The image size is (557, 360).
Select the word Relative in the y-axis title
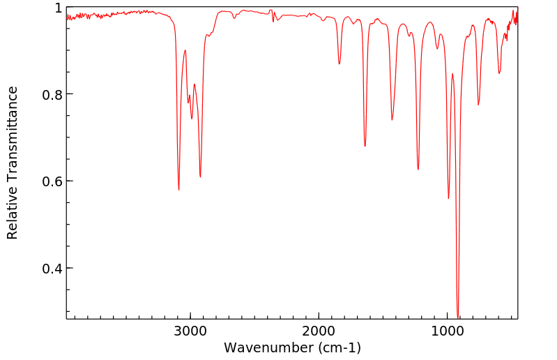click(x=13, y=214)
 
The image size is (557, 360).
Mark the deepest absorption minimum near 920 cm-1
click(x=458, y=317)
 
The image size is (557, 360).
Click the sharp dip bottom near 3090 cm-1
click(x=179, y=190)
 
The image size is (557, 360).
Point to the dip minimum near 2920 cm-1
click(x=200, y=177)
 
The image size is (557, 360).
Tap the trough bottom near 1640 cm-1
click(x=365, y=146)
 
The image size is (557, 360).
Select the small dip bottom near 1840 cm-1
click(x=339, y=64)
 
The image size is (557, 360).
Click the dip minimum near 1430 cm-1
click(x=392, y=120)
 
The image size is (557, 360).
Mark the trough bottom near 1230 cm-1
click(x=418, y=170)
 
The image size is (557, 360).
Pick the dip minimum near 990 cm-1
click(x=449, y=199)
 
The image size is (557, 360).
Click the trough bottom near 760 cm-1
click(x=478, y=105)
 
